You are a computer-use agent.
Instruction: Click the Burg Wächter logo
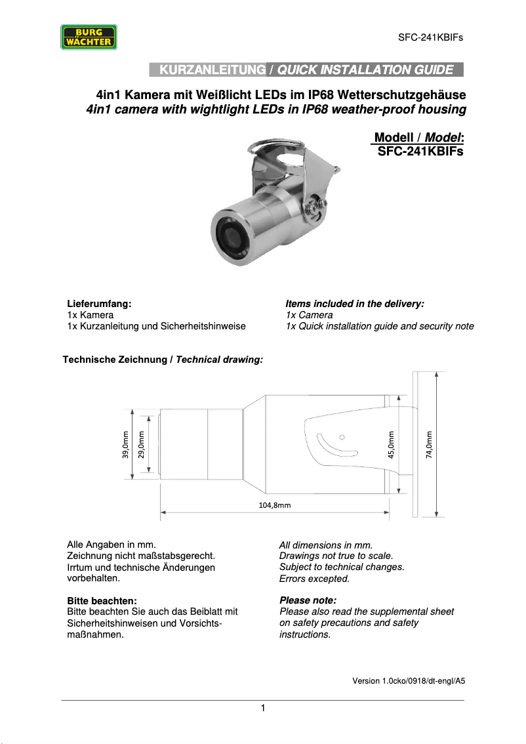89,37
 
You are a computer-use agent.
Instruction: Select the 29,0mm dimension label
141,445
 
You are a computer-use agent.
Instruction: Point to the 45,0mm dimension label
391,445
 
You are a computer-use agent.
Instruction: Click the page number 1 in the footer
262,708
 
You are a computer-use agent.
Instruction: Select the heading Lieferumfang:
100,304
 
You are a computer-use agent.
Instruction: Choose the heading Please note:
308,600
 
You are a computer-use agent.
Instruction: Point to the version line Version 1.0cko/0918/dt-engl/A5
409,681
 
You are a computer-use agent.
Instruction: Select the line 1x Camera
309,315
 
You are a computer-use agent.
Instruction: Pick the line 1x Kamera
91,315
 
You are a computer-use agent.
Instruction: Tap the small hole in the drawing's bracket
342,436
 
